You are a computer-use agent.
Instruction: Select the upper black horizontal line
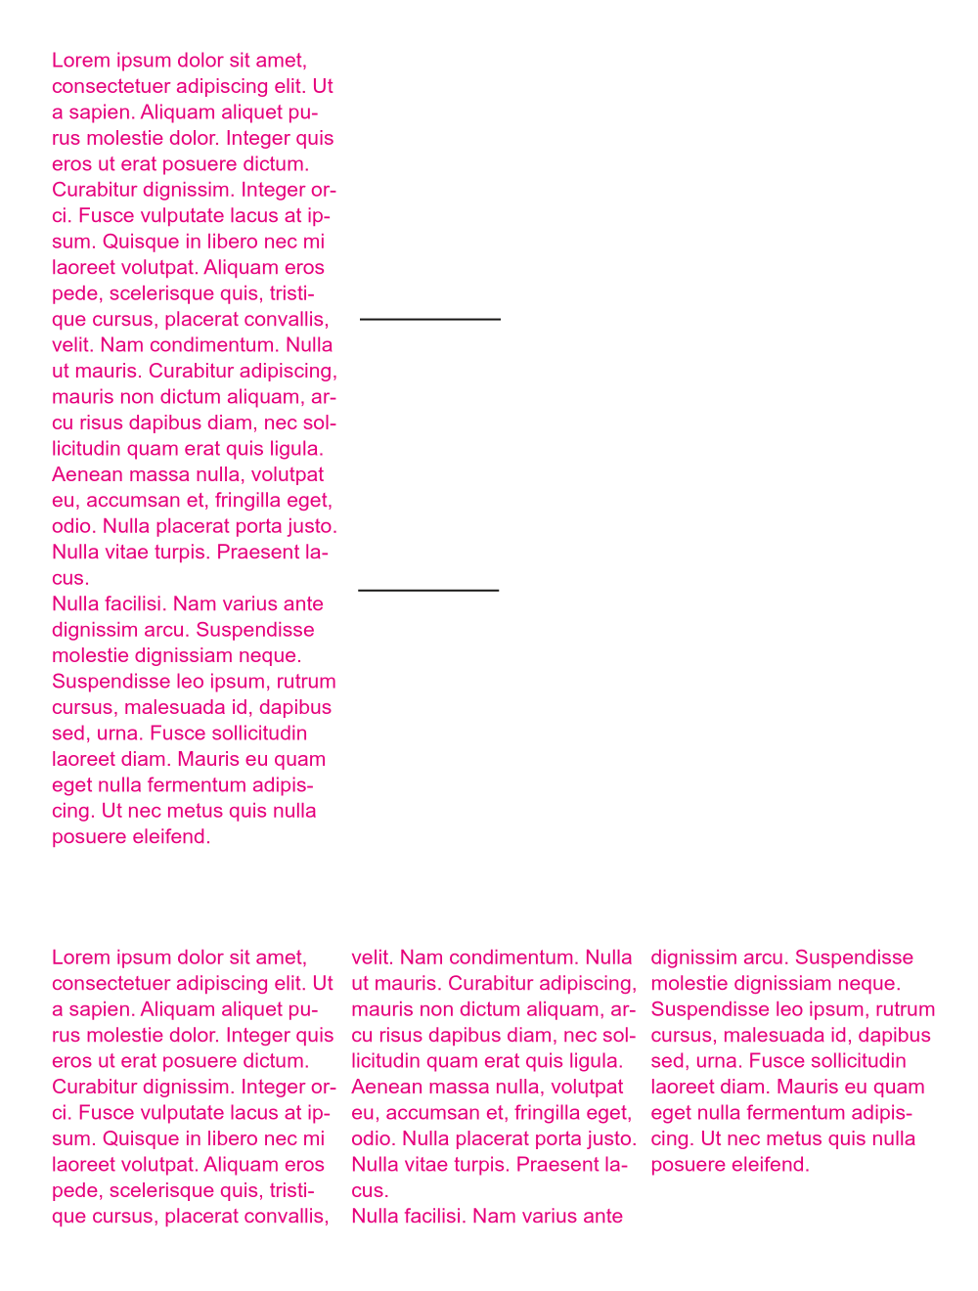[430, 319]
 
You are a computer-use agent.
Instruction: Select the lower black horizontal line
[428, 590]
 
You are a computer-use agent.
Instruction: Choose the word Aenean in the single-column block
[86, 474]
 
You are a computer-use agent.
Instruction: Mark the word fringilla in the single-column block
[255, 501]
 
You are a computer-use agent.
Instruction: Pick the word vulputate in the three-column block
[177, 1113]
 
